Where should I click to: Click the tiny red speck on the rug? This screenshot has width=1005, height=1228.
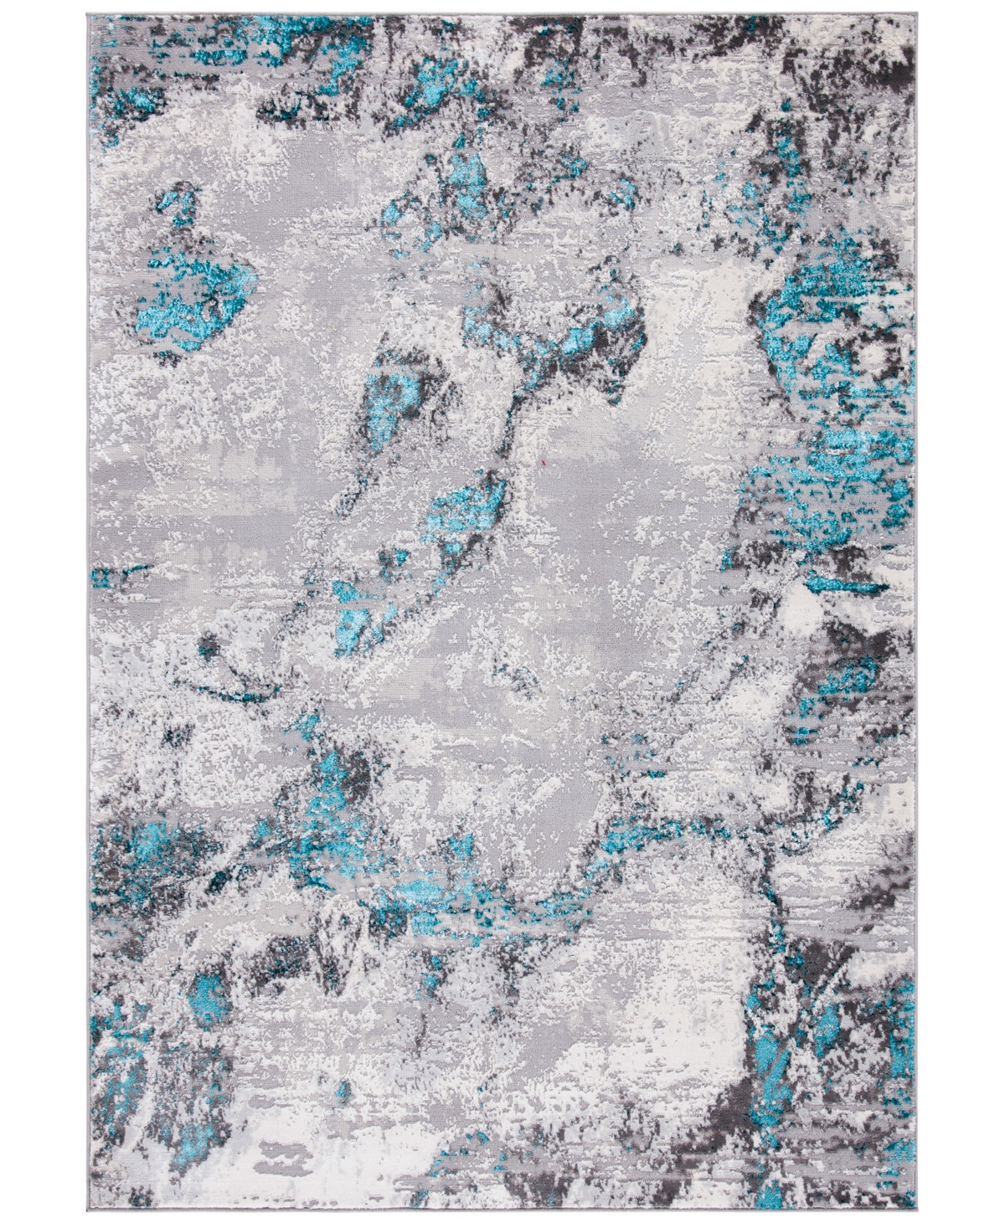(546, 459)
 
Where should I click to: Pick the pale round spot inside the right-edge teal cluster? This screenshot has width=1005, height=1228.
(879, 356)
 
